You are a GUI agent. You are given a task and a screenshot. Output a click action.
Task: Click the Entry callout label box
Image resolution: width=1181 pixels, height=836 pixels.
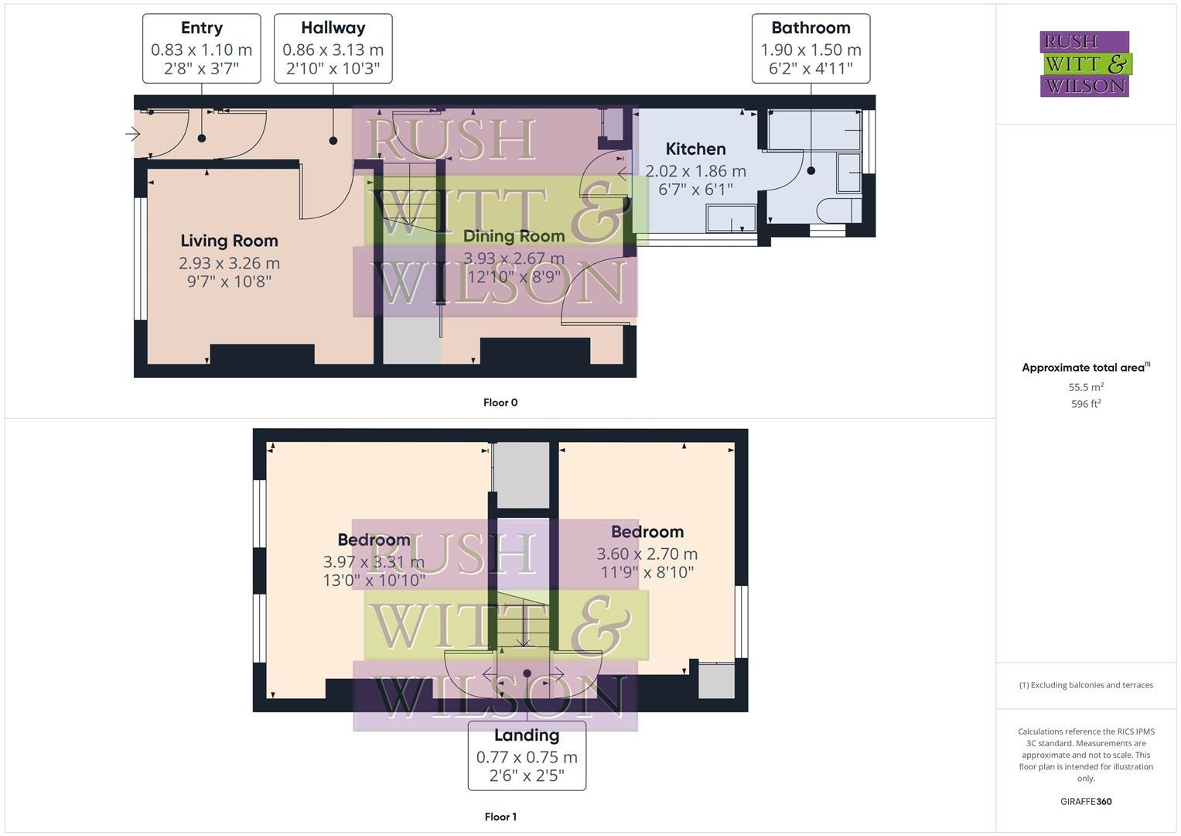201,48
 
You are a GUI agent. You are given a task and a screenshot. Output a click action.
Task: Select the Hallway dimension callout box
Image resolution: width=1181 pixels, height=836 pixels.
333,48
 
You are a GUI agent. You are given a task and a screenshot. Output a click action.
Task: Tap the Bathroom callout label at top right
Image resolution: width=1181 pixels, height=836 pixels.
811,48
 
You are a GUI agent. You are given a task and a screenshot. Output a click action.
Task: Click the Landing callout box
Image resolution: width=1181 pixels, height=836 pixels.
527,755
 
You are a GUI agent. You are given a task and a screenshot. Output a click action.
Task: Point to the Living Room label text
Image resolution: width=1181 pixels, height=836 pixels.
229,241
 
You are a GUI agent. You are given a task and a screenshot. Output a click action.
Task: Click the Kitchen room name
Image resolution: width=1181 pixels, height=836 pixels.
695,149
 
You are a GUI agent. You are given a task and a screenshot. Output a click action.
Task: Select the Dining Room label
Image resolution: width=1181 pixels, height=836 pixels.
514,236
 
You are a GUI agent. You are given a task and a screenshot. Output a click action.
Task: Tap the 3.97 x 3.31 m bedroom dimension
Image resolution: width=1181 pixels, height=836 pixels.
374,561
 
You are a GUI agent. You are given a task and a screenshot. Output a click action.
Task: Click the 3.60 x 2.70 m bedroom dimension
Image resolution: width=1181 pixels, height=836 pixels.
647,553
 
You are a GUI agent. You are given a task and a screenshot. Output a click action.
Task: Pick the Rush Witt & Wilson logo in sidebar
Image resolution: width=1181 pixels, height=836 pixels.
1084,63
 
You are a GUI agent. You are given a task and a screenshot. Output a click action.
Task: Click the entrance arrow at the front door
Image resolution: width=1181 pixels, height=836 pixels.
132,134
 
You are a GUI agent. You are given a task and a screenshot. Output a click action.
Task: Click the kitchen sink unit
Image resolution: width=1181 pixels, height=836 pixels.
731,218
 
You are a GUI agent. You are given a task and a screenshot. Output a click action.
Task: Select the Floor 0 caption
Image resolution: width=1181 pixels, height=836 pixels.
500,403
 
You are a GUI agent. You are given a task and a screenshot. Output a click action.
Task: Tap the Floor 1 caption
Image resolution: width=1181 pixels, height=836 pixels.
500,817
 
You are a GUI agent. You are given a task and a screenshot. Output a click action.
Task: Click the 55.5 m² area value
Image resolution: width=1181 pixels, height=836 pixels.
1086,387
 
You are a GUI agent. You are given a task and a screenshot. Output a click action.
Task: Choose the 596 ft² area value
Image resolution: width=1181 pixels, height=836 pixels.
1086,404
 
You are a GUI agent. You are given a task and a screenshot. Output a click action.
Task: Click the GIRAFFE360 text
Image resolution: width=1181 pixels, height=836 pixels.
1086,802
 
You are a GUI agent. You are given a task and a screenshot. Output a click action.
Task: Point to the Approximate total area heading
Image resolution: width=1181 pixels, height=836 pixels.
1085,368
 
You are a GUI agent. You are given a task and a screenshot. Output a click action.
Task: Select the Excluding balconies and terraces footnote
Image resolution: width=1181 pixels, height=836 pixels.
1086,685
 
